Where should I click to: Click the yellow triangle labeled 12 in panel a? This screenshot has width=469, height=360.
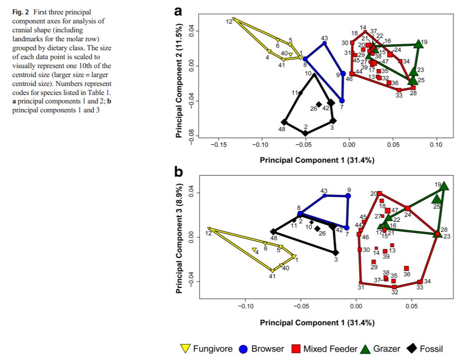(x=234, y=20)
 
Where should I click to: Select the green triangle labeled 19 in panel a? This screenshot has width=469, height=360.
(x=418, y=44)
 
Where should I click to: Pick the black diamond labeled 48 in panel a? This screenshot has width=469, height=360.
(x=284, y=122)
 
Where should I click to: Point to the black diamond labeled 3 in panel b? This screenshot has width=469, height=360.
(x=336, y=253)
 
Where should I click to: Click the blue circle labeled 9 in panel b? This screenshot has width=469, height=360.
(x=348, y=196)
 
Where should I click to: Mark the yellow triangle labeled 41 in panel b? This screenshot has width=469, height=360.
(x=272, y=270)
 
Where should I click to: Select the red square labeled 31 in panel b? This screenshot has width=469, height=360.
(x=360, y=282)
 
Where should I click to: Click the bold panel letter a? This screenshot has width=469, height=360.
(x=179, y=11)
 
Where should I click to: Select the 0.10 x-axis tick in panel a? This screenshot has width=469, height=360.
(x=436, y=144)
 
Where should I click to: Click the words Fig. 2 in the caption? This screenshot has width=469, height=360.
(x=21, y=11)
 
